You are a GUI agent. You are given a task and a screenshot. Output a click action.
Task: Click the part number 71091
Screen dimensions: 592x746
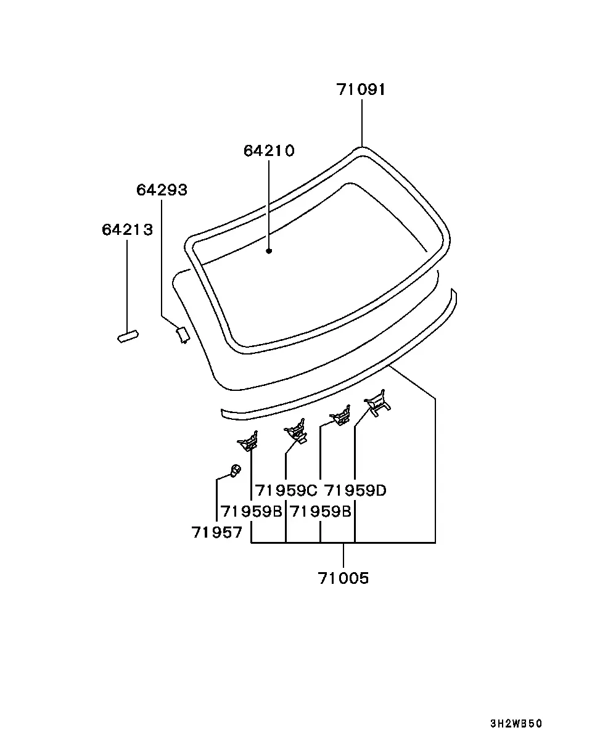361,89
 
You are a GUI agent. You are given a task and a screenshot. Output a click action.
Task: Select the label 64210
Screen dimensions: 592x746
269,151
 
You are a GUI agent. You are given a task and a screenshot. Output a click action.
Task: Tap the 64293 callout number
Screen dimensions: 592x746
162,190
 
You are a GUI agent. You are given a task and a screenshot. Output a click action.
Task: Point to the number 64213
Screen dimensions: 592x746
127,230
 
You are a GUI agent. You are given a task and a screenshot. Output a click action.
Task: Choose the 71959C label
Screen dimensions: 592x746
286,490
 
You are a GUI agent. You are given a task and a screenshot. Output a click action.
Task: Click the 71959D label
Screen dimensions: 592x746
355,490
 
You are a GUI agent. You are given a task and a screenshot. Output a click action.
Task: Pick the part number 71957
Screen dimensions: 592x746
216,532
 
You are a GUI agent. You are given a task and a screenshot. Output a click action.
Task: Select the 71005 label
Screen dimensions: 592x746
343,578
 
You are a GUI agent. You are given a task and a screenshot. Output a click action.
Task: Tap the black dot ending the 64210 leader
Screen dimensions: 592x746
269,251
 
